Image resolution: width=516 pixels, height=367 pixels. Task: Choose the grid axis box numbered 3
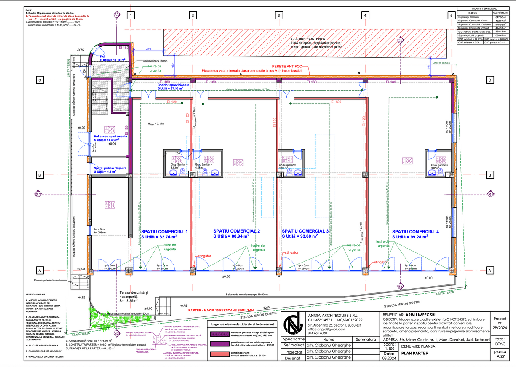pos(278,16)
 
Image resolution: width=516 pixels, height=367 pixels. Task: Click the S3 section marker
pos(117,15)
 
